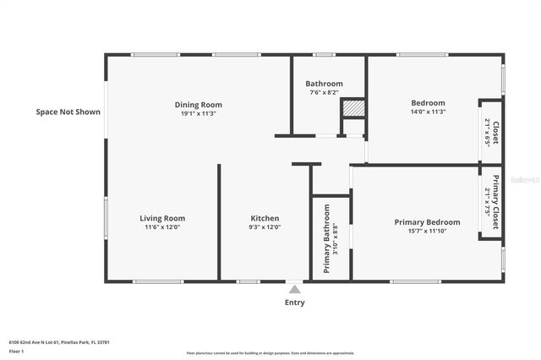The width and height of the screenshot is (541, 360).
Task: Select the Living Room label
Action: [161, 218]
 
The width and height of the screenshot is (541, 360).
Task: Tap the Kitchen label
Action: [264, 218]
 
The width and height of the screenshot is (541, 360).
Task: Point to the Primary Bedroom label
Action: [426, 222]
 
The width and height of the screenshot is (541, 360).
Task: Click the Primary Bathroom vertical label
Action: [326, 238]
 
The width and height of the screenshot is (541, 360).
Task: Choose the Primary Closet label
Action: [497, 203]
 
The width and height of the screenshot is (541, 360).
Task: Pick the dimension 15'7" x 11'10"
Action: [426, 232]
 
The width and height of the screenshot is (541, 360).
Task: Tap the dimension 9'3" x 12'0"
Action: [264, 226]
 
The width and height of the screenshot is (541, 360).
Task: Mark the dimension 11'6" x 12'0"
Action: [161, 226]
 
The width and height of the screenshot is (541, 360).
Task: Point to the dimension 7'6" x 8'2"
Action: [324, 92]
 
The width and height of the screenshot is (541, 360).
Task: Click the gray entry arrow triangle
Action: [293, 289]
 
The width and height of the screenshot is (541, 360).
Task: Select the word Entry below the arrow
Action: [294, 302]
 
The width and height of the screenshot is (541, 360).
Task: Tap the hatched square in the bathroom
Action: [352, 108]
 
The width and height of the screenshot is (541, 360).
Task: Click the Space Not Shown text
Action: [68, 112]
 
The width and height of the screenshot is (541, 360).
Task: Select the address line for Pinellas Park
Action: [58, 342]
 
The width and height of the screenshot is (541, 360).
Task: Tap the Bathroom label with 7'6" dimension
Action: [324, 84]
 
